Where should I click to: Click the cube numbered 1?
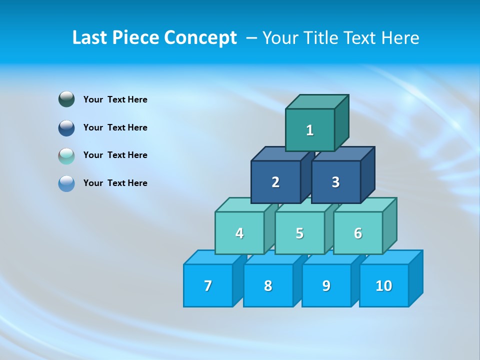[310, 130]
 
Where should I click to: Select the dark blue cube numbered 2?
[275, 182]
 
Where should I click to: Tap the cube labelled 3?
[335, 182]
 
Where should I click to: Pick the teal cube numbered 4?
[239, 233]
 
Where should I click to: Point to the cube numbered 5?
[299, 233]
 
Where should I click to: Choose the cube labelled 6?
[358, 233]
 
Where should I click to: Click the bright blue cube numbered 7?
[208, 285]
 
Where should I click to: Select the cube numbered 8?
[268, 285]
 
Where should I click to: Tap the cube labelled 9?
[326, 285]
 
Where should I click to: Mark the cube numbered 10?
[384, 285]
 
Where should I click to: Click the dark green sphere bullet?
[66, 99]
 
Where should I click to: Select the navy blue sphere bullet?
[66, 127]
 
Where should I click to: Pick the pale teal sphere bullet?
[66, 155]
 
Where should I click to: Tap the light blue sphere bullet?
[66, 183]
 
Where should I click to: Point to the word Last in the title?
[90, 38]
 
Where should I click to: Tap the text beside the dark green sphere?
[115, 99]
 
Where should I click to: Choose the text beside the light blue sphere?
[115, 183]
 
